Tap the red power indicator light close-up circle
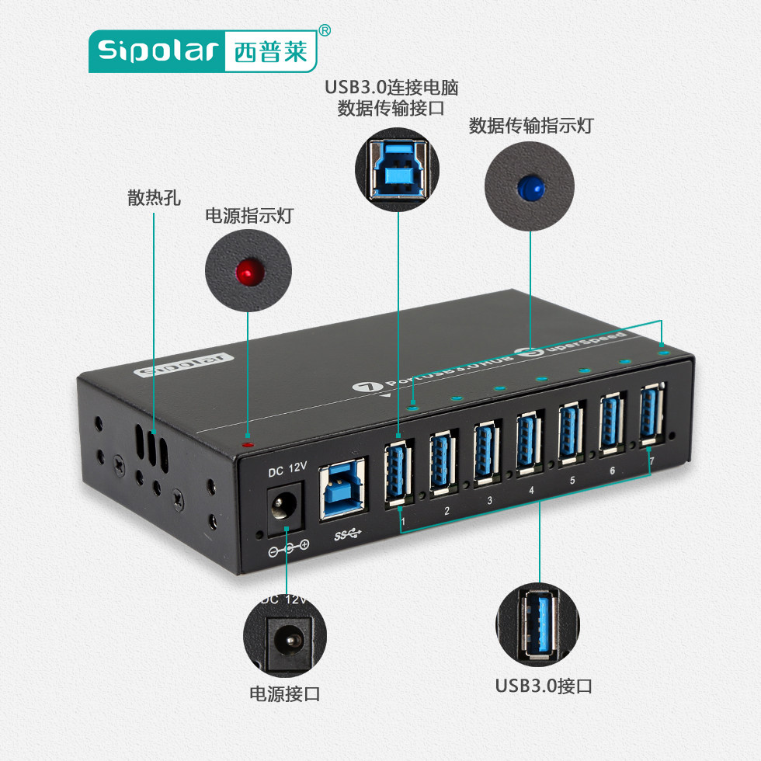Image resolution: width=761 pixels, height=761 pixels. (x=248, y=271)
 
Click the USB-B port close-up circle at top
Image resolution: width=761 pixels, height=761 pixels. (x=398, y=165)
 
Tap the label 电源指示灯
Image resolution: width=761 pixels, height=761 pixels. (x=248, y=217)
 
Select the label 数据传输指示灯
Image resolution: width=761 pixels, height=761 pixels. (x=531, y=126)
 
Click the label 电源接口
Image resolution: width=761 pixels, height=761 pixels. (x=284, y=693)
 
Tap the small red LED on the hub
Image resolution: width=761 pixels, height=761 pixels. (x=248, y=445)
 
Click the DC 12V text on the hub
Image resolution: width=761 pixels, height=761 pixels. (x=287, y=470)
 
